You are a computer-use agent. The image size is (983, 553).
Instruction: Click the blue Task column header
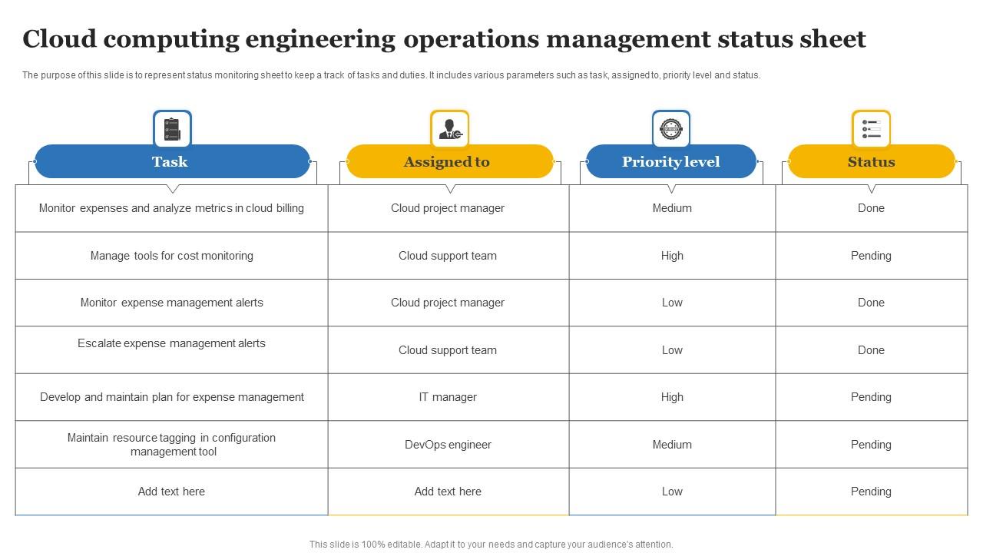171,161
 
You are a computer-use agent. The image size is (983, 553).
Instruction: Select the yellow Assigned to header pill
449,161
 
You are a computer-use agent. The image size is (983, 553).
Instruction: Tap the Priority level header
670,161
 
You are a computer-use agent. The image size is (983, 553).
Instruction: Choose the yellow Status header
871,161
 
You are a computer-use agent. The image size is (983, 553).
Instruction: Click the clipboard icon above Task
172,129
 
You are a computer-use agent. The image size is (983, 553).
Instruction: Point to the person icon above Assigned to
449,129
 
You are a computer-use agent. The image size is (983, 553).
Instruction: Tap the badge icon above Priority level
670,129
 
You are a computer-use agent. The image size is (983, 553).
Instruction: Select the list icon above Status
871,129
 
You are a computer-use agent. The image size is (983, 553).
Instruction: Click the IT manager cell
448,397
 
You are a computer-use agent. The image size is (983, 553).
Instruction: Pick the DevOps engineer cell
448,445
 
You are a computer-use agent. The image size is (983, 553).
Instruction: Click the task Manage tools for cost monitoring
171,256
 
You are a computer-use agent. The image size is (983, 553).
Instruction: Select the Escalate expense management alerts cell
171,344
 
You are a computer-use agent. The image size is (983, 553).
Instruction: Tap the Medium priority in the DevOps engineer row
672,445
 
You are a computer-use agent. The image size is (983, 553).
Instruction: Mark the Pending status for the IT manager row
871,397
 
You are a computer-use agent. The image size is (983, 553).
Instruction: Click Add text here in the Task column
171,492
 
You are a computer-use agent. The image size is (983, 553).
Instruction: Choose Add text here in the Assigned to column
448,492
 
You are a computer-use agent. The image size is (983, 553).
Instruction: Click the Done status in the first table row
871,208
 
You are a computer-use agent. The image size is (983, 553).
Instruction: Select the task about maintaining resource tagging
171,445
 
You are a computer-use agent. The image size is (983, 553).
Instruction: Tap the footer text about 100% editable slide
491,545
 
